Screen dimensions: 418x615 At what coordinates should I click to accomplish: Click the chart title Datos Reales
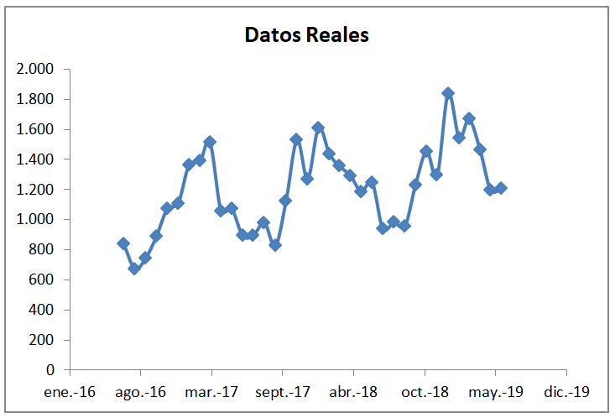pyautogui.click(x=306, y=35)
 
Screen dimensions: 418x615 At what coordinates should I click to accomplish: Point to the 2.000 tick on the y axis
pyautogui.click(x=35, y=69)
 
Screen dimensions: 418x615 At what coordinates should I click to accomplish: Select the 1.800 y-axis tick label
pyautogui.click(x=35, y=99)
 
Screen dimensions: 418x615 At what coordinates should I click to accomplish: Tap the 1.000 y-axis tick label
pyautogui.click(x=35, y=219)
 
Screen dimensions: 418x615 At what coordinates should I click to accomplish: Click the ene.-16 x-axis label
pyautogui.click(x=70, y=391)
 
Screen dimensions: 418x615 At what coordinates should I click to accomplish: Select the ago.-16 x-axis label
pyautogui.click(x=140, y=391)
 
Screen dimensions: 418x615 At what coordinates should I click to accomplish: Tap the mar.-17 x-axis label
pyautogui.click(x=211, y=391)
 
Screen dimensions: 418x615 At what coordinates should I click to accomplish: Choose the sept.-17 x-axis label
pyautogui.click(x=282, y=391)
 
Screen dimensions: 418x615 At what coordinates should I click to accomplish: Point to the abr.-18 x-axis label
pyautogui.click(x=353, y=391)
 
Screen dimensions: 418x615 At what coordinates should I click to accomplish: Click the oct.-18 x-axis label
pyautogui.click(x=425, y=391)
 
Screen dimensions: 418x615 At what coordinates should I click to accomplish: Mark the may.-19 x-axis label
pyautogui.click(x=495, y=391)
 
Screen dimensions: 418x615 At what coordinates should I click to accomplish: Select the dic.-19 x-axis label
pyautogui.click(x=566, y=391)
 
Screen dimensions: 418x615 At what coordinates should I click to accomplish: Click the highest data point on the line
pyautogui.click(x=448, y=93)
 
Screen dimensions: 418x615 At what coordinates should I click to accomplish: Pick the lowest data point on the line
pyautogui.click(x=134, y=268)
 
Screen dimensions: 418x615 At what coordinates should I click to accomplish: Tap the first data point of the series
pyautogui.click(x=123, y=243)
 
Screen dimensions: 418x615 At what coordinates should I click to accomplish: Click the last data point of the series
pyautogui.click(x=501, y=188)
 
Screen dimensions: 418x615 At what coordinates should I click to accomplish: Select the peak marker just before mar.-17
pyautogui.click(x=210, y=142)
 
